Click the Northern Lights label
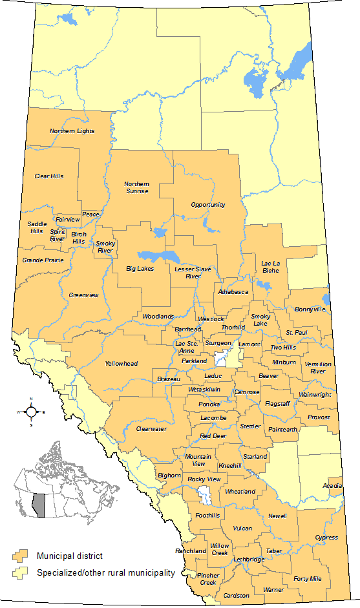tap(72, 131)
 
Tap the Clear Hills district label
tap(49, 176)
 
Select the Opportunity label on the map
tap(208, 205)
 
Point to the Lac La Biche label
tap(270, 267)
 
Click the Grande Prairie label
tap(43, 260)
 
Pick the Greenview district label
tap(84, 295)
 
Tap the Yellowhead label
tap(122, 364)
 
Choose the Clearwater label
tap(151, 428)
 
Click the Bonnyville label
tap(310, 309)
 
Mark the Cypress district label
tap(326, 538)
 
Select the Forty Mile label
tap(307, 579)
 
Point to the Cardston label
tap(236, 595)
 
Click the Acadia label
tap(333, 486)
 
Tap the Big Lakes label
tap(140, 268)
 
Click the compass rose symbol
tap(31, 411)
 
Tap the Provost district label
tap(319, 417)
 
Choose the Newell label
tap(278, 516)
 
